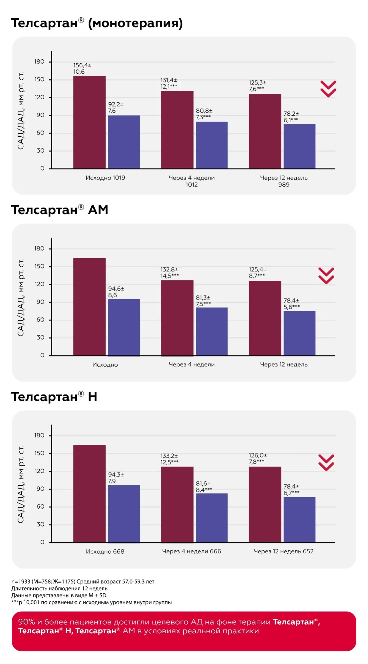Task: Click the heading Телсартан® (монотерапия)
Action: click(97, 23)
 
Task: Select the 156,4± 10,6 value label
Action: click(82, 68)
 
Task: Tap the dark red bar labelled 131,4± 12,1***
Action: click(177, 129)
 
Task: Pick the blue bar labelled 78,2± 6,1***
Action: click(299, 146)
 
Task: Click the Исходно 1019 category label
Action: click(105, 178)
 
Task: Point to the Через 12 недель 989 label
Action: click(284, 181)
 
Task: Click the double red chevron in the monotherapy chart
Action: click(328, 89)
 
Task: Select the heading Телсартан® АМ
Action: click(60, 210)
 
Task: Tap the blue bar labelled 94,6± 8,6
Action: click(124, 327)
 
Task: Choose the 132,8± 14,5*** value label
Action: click(169, 273)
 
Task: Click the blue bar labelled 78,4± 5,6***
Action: click(299, 333)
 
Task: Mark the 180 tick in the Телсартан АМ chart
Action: click(39, 248)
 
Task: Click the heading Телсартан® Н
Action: click(54, 397)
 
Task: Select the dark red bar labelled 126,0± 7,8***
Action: click(265, 504)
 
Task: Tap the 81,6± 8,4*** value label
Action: click(204, 487)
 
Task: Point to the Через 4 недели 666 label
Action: click(191, 551)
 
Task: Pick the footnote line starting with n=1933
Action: click(83, 581)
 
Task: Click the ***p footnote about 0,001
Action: click(91, 602)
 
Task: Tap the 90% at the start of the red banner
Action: click(26, 622)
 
